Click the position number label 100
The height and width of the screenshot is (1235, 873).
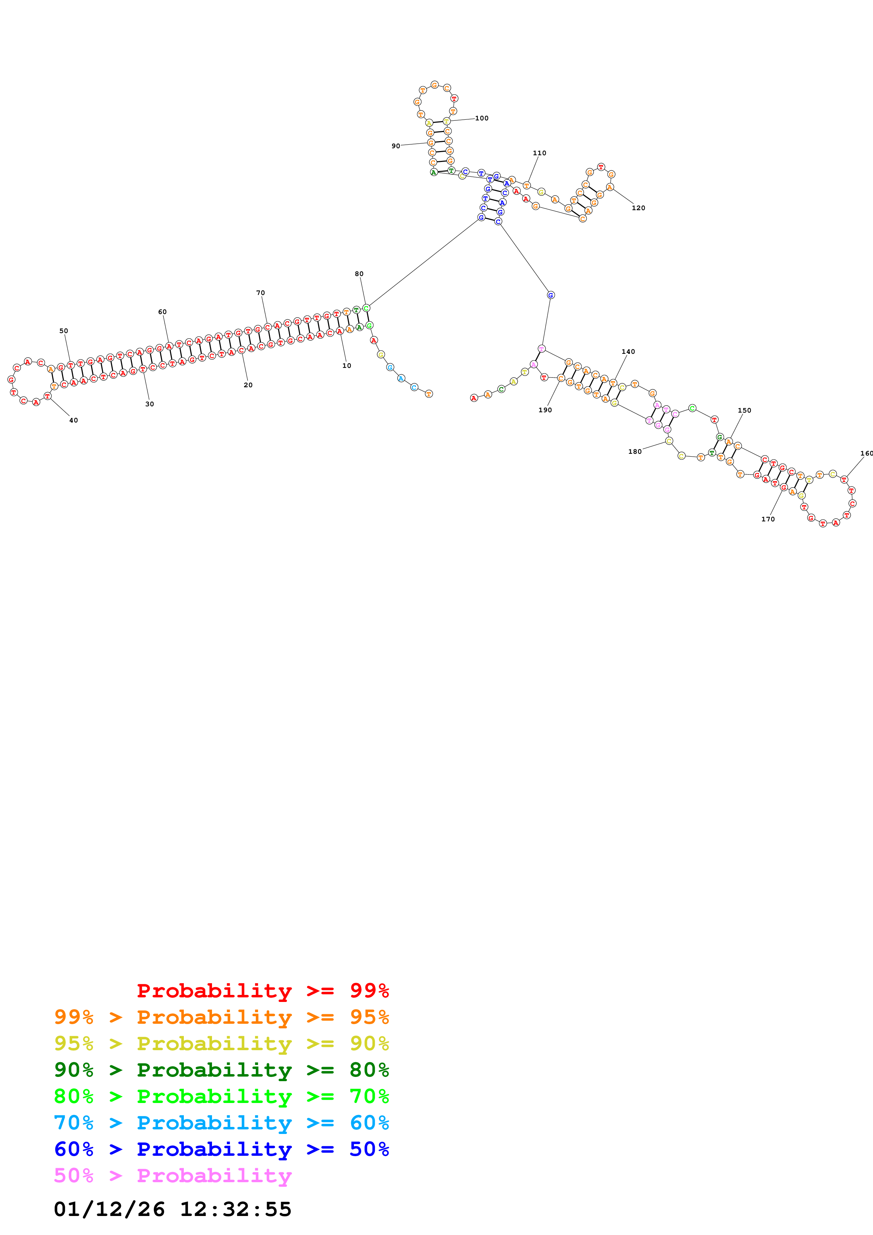(481, 118)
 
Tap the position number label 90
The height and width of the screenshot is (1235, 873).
(395, 146)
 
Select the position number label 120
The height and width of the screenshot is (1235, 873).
(638, 208)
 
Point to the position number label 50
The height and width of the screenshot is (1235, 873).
(63, 331)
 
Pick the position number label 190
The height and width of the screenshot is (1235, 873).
(545, 410)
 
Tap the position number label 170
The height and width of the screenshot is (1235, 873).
(768, 519)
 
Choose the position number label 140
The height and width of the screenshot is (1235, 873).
(628, 352)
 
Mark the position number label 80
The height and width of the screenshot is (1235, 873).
(359, 274)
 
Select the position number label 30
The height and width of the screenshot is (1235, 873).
(150, 404)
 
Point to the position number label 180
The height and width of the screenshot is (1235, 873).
(635, 452)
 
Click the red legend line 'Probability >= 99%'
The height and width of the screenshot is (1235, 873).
(262, 990)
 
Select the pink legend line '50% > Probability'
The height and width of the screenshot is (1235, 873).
(173, 1175)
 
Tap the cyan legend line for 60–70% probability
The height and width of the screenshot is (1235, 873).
(221, 1123)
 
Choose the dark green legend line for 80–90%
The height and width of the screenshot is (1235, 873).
(221, 1070)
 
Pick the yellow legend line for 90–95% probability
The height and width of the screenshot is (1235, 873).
(221, 1043)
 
